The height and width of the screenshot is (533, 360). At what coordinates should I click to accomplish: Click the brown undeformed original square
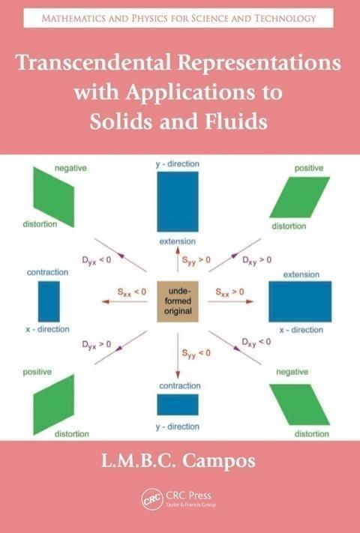[178, 301]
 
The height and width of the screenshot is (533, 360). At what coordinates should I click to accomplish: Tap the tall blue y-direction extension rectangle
[178, 202]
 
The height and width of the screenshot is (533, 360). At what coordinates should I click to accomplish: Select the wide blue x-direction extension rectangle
[300, 301]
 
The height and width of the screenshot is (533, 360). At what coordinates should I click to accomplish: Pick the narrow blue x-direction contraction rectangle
[49, 301]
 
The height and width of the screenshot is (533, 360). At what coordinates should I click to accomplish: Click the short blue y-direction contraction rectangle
[178, 405]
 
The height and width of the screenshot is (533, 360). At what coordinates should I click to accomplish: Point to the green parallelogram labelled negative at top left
[54, 197]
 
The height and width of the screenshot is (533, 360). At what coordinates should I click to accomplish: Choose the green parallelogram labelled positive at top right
[299, 197]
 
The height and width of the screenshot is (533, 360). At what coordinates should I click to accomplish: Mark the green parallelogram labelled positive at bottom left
[54, 405]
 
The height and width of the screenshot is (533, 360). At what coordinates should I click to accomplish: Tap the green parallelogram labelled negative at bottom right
[299, 405]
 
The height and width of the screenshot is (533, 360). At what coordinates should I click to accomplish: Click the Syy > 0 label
[196, 260]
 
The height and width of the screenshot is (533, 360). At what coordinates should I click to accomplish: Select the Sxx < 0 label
[132, 292]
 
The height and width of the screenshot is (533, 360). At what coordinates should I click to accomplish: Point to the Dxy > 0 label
[256, 261]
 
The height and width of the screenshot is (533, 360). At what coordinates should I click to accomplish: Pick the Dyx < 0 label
[97, 261]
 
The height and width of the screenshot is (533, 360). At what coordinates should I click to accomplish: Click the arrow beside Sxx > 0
[231, 301]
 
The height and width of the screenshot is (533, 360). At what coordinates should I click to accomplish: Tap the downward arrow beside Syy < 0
[178, 356]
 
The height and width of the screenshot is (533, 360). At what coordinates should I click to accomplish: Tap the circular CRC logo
[152, 499]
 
